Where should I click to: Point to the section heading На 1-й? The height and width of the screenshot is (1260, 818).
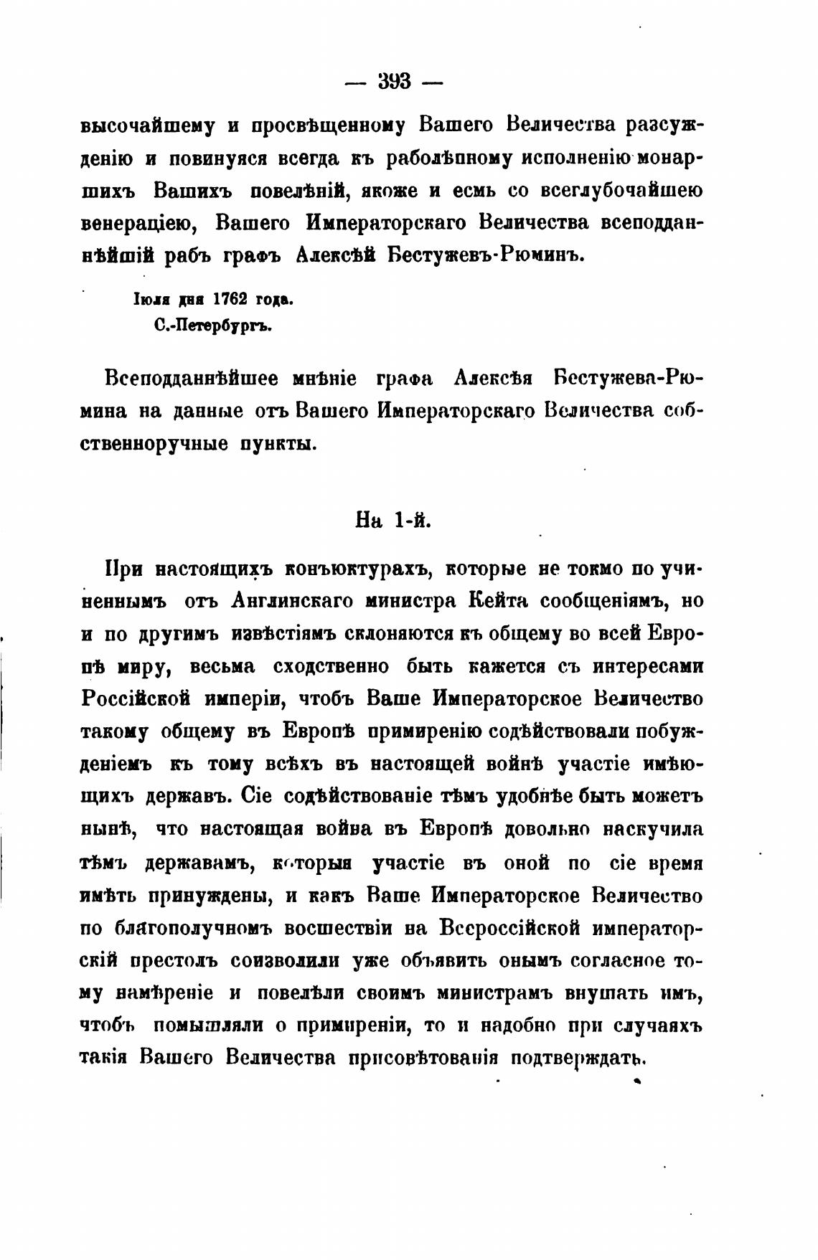(x=394, y=520)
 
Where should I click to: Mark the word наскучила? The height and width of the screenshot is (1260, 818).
(x=652, y=829)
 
